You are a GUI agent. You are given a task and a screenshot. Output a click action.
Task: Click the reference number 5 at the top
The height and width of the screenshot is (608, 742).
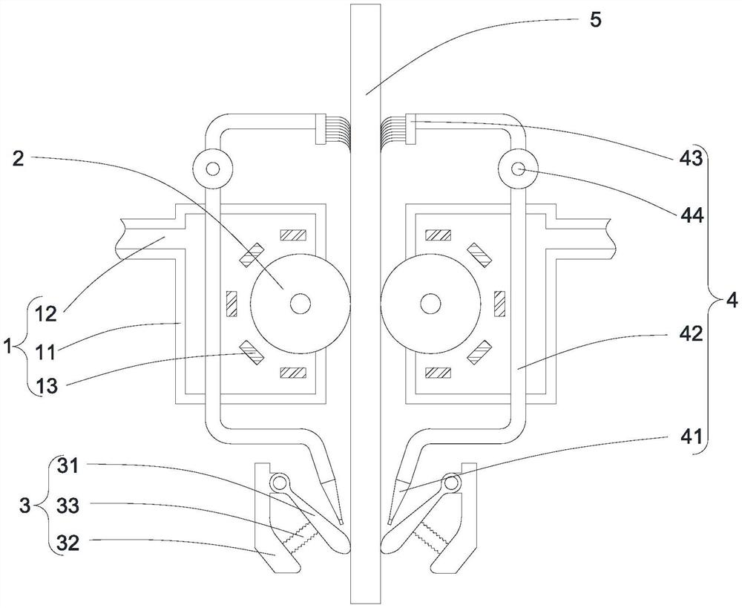pos(596,19)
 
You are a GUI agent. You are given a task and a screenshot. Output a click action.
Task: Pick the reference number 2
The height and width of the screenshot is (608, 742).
pos(20,158)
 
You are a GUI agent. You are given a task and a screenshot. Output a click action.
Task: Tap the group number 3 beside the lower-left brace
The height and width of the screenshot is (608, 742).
pos(24,506)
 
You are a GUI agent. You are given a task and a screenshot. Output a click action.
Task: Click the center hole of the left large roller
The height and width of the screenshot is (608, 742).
pos(301,303)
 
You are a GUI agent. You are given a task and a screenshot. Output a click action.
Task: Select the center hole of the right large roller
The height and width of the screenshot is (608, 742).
pos(428,303)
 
